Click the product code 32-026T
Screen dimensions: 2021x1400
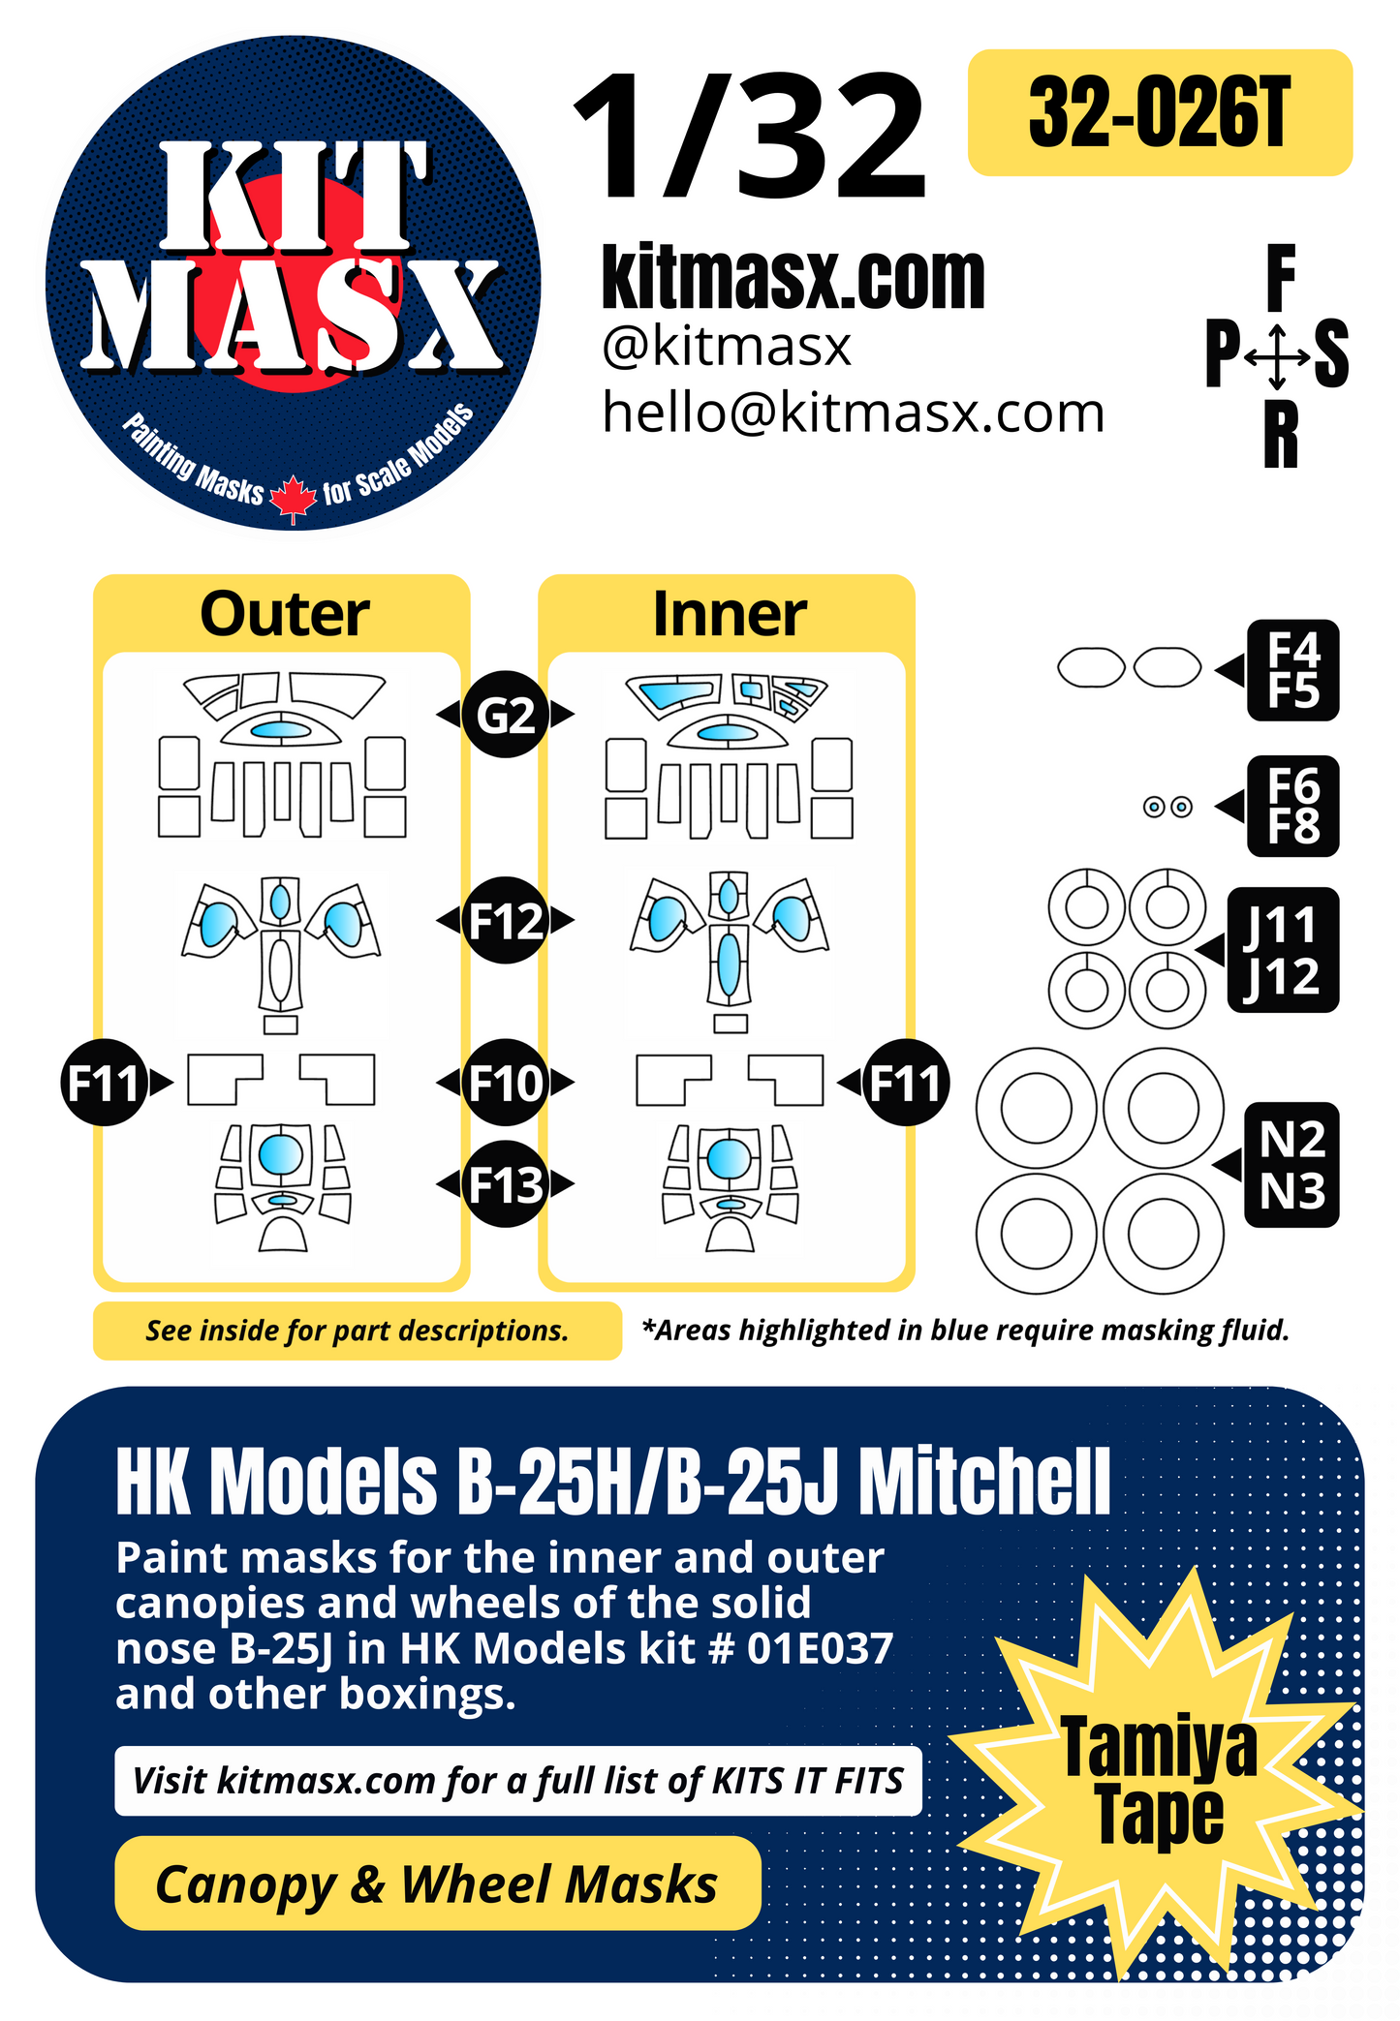point(1159,113)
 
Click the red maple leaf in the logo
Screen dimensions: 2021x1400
point(293,498)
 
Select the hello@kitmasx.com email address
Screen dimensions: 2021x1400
point(853,413)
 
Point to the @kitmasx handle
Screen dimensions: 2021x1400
point(726,347)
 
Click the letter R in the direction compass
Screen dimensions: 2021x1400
point(1280,436)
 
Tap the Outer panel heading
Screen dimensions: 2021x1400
point(284,614)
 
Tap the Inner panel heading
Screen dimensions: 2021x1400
point(729,614)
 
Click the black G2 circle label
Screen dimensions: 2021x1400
point(505,715)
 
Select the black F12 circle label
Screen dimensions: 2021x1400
point(505,920)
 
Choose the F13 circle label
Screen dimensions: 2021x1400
point(505,1183)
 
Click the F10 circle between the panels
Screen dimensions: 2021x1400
point(505,1082)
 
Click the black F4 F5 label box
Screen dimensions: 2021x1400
point(1292,670)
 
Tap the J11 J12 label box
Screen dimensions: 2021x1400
point(1282,950)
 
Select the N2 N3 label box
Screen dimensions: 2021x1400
point(1291,1165)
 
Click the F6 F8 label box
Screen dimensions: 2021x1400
point(1292,806)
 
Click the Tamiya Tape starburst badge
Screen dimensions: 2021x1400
point(1159,1782)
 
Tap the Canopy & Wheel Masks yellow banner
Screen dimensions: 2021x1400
point(437,1883)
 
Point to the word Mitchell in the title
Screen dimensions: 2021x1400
point(984,1482)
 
